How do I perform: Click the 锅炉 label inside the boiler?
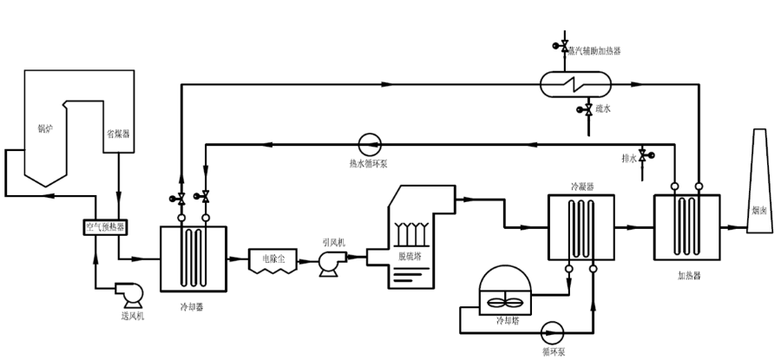point(43,130)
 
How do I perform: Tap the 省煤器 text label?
point(117,133)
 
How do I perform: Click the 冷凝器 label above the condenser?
point(581,185)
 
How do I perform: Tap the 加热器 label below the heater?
point(687,274)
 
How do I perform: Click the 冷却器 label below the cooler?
point(193,306)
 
